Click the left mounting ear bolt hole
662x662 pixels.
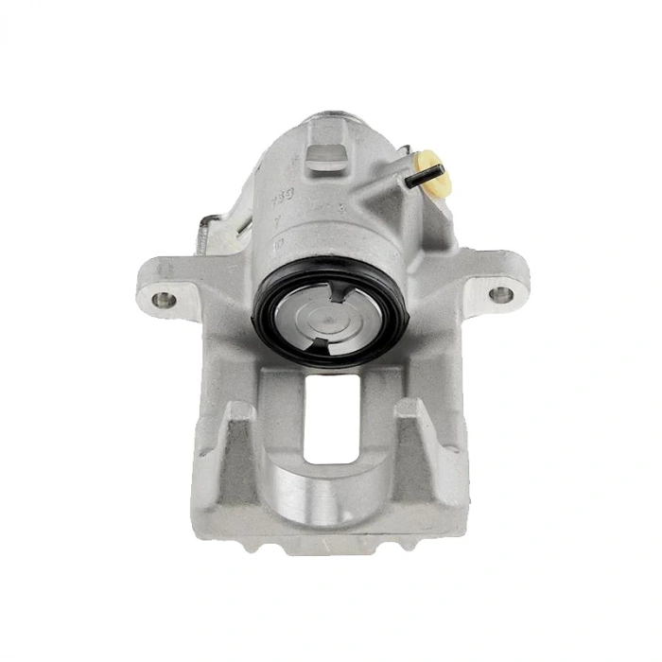[x=164, y=300]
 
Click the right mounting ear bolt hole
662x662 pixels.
[x=500, y=294]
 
